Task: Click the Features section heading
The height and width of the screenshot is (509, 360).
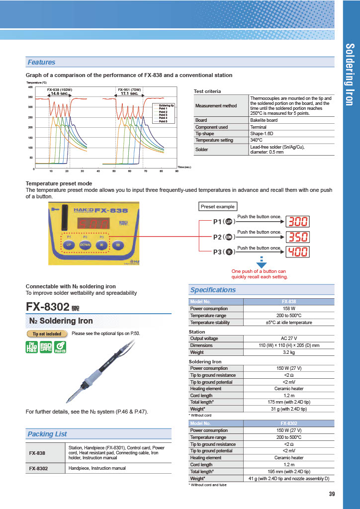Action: [x=42, y=62]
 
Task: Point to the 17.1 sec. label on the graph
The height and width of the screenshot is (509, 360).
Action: [x=129, y=93]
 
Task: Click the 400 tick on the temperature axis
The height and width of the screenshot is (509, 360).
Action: [x=30, y=87]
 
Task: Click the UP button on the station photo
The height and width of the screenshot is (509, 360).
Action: [x=69, y=245]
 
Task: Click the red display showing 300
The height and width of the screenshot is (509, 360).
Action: [x=298, y=222]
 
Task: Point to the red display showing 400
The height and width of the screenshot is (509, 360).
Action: [x=298, y=252]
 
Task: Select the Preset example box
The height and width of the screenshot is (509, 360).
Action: [x=218, y=206]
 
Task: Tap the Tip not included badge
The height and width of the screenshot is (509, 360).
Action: [x=47, y=334]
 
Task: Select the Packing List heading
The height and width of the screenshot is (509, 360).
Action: [x=47, y=434]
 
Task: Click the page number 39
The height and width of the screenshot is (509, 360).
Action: [x=332, y=494]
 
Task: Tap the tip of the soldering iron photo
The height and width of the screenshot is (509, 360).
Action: [x=68, y=401]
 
